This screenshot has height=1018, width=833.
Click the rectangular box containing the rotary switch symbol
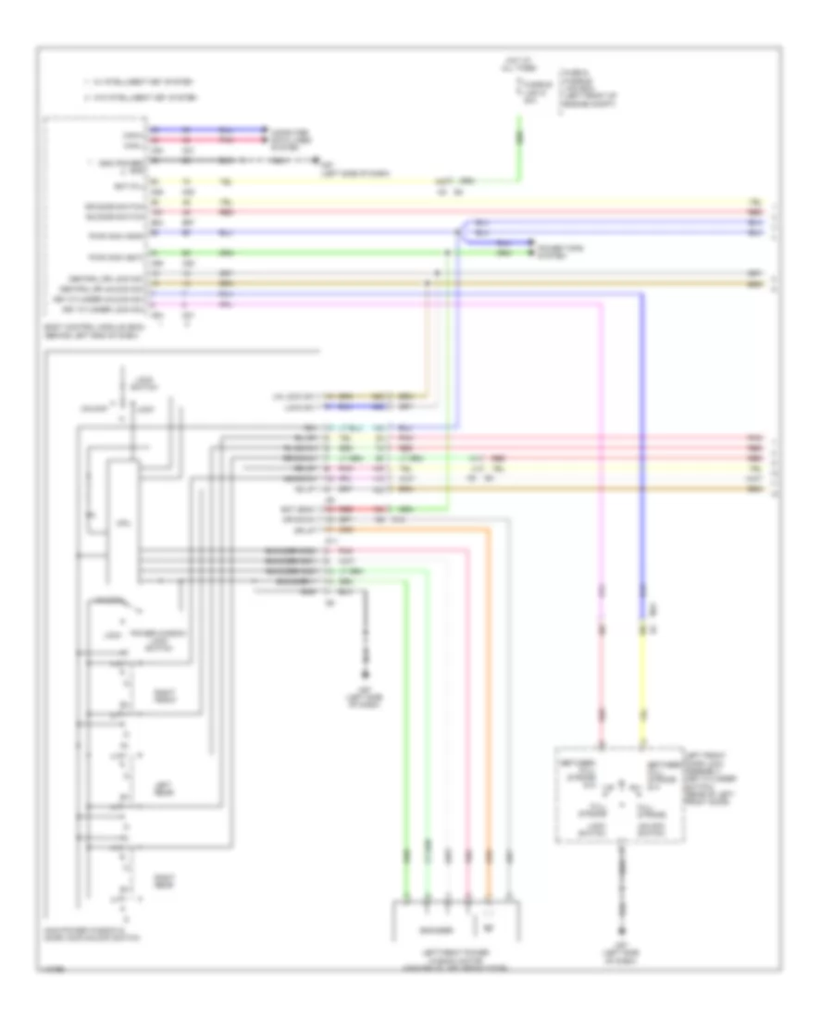click(x=614, y=794)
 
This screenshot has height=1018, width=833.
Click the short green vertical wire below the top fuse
click(x=518, y=139)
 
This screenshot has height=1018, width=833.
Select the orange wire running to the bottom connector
click(x=489, y=703)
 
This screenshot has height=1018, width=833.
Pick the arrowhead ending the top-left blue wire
click(x=266, y=129)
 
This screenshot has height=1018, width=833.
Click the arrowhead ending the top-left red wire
click(x=266, y=137)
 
